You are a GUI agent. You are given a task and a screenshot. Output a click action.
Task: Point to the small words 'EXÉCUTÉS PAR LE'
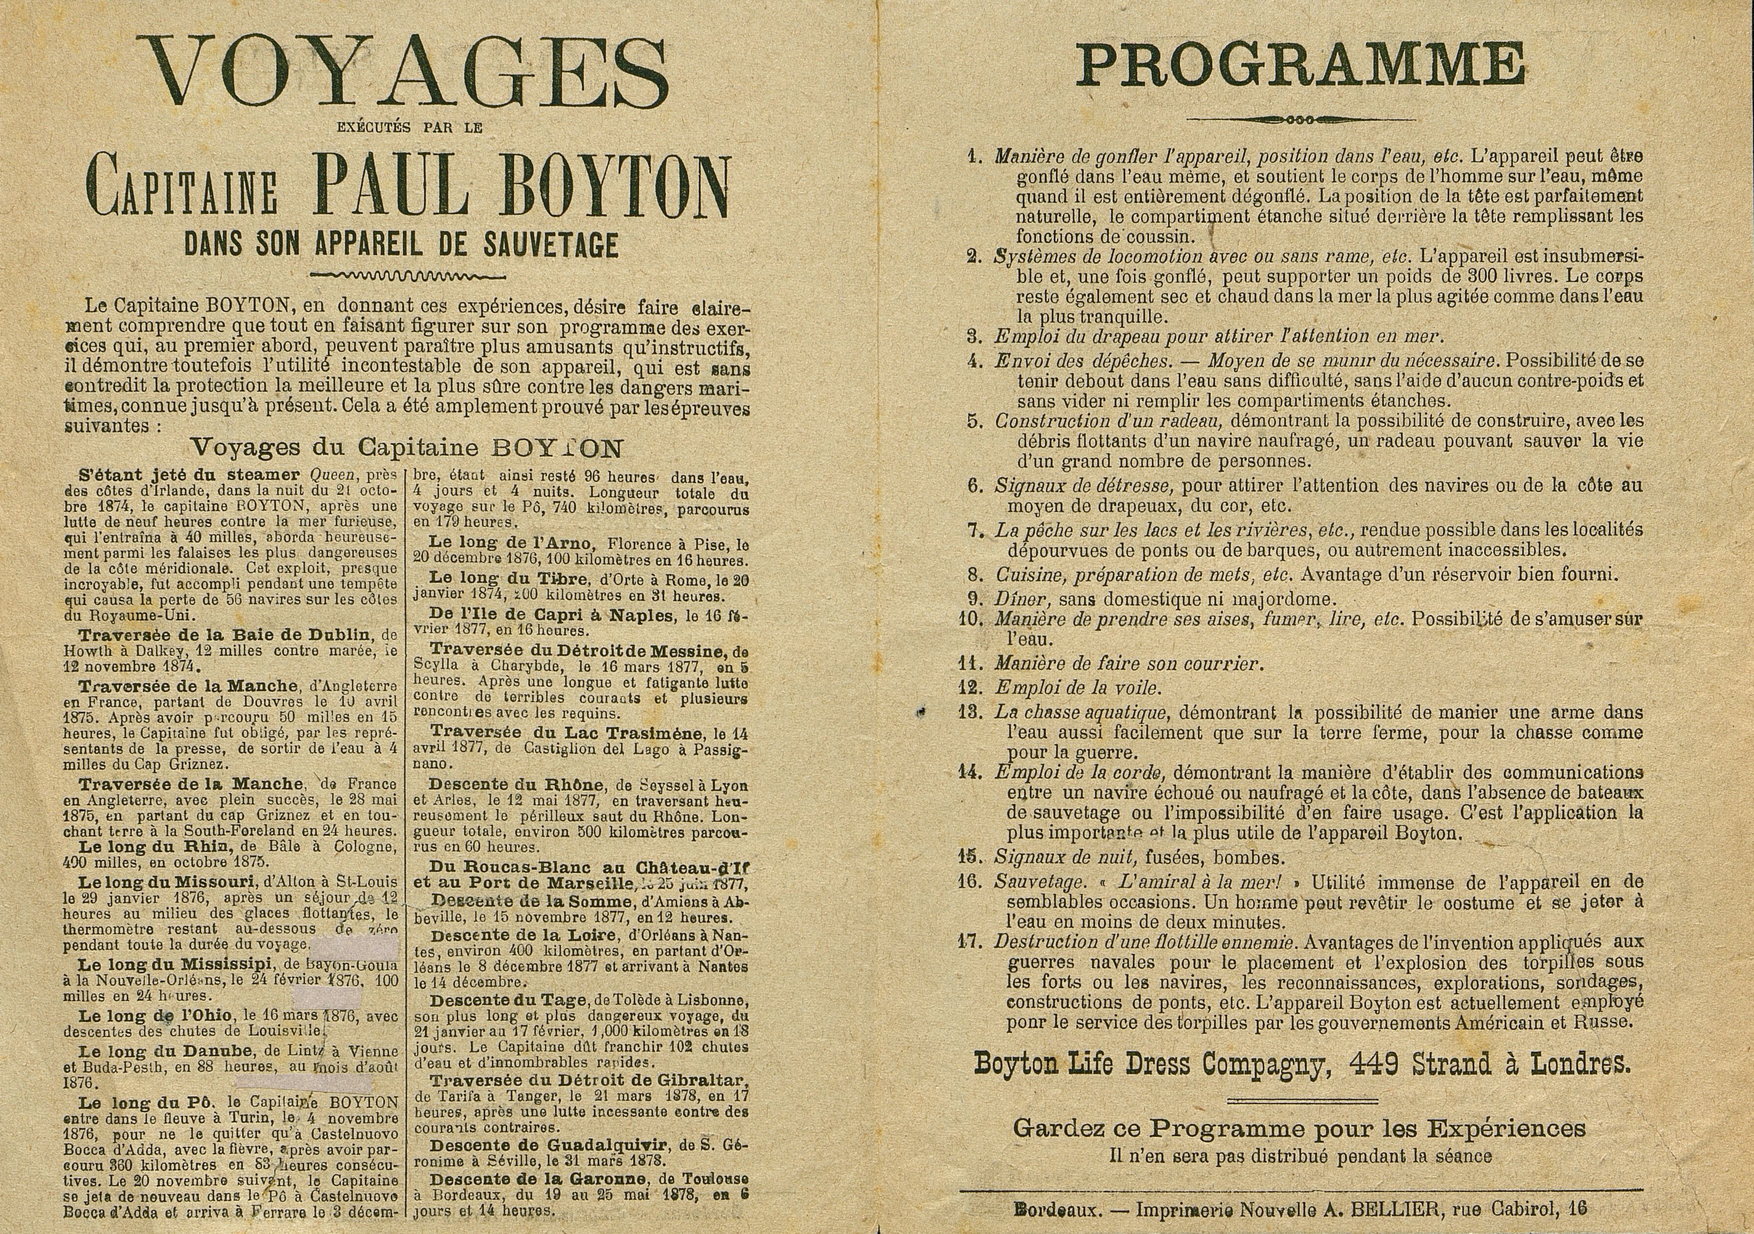point(410,128)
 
